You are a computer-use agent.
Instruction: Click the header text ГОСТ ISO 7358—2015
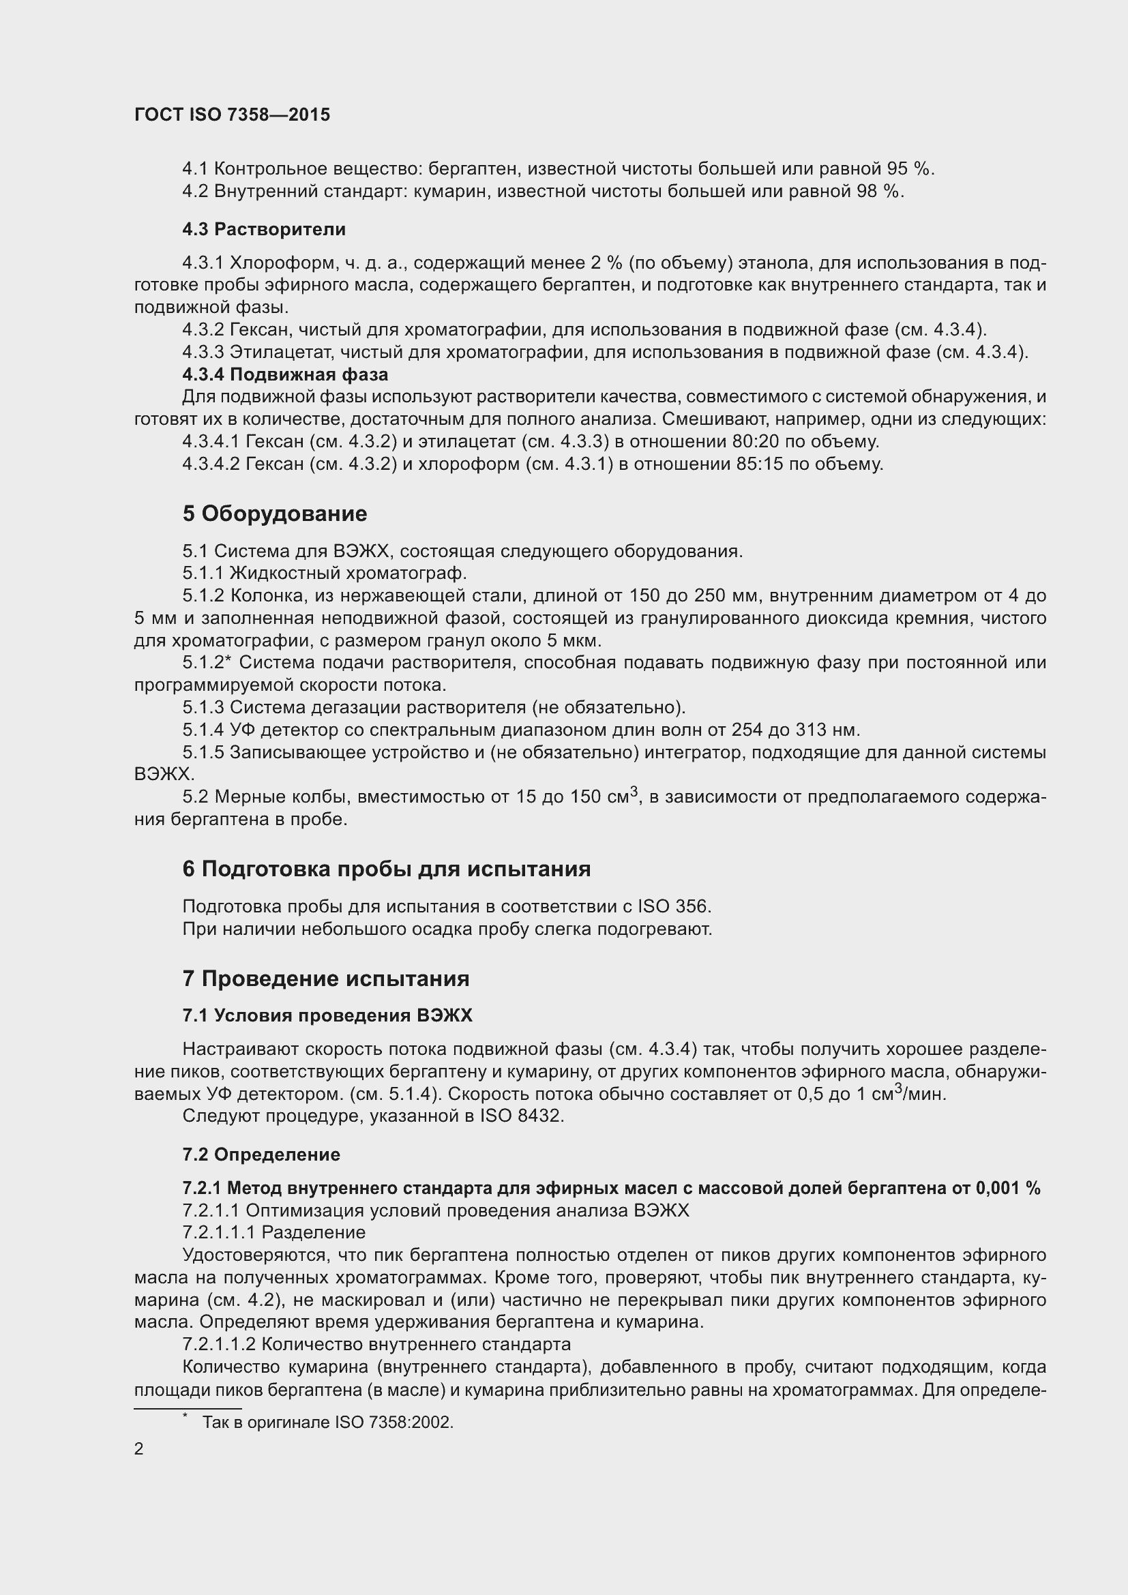[232, 115]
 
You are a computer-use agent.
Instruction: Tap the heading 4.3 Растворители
[264, 229]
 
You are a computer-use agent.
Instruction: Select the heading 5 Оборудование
[274, 513]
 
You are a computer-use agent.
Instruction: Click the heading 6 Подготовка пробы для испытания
[386, 868]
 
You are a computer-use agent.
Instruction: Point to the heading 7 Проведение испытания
[326, 978]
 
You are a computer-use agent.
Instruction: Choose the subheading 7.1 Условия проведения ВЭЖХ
[327, 1015]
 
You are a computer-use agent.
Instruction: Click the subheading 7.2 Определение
[261, 1154]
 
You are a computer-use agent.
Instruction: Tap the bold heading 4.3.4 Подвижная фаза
[285, 374]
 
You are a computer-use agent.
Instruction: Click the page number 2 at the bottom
[139, 1449]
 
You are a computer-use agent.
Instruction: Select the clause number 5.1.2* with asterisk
[206, 663]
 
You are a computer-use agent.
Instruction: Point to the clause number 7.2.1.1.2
[219, 1344]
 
